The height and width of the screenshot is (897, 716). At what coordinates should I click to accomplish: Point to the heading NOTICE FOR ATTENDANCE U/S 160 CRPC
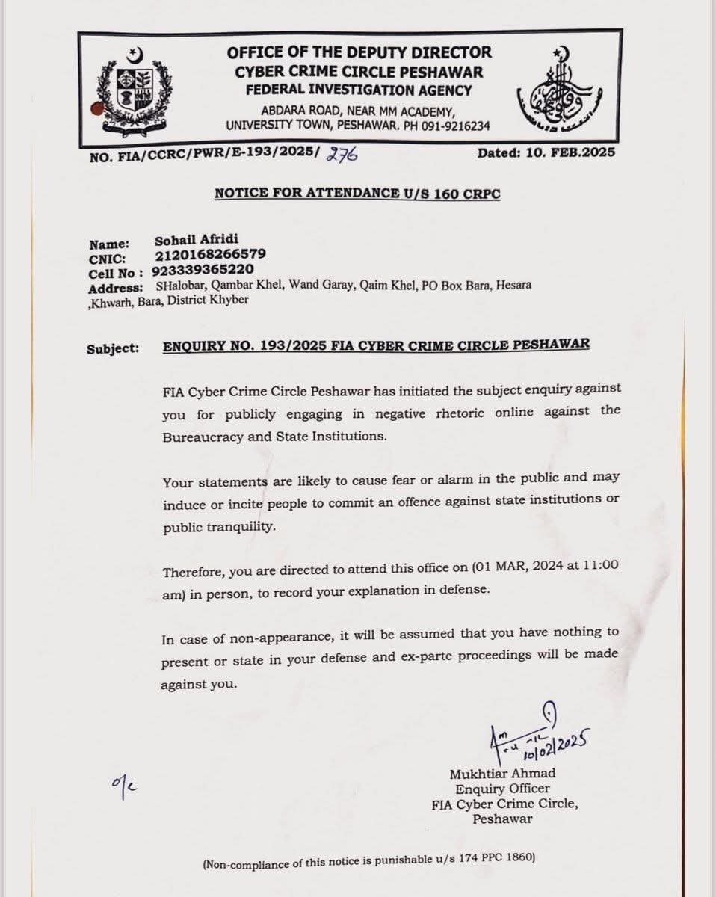(x=357, y=194)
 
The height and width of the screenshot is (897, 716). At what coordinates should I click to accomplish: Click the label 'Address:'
(x=115, y=289)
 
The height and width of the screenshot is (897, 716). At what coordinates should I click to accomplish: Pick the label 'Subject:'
(x=113, y=348)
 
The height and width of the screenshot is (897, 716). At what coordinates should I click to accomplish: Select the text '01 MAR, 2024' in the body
(x=516, y=567)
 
